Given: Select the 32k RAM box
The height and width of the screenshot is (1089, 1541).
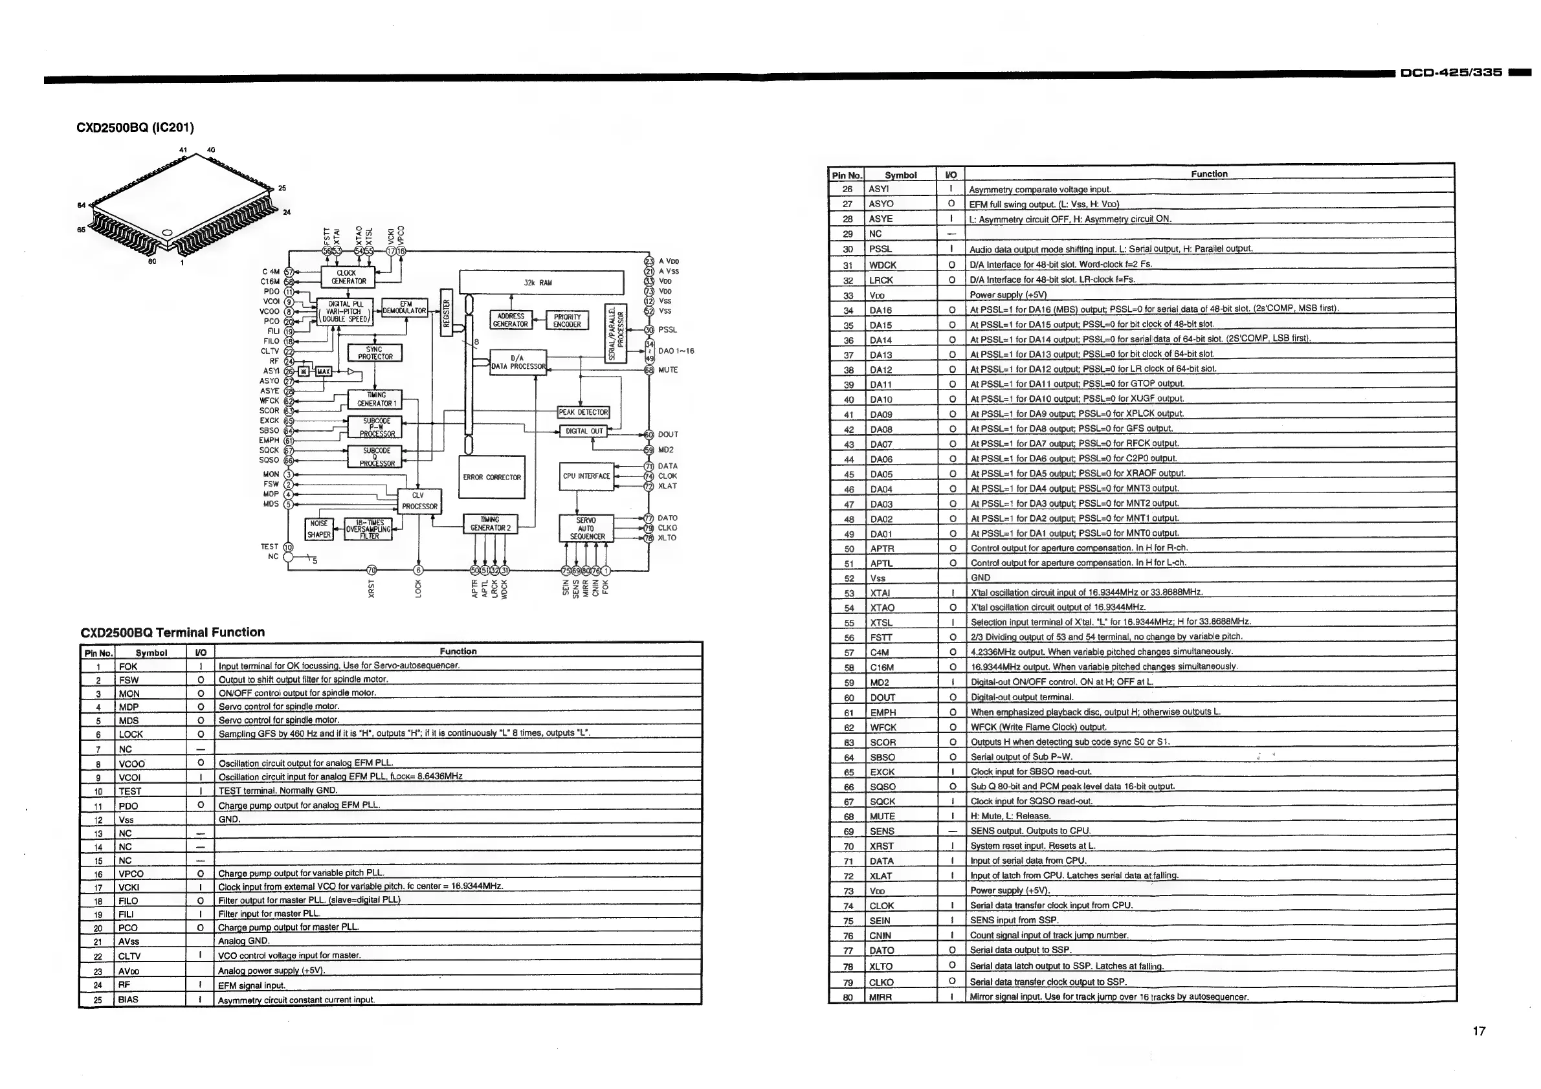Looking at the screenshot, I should pyautogui.click(x=541, y=283).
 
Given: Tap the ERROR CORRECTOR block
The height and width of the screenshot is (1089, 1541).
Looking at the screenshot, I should pyautogui.click(x=491, y=477).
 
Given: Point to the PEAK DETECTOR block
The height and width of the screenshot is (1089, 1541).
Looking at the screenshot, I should pyautogui.click(x=582, y=412).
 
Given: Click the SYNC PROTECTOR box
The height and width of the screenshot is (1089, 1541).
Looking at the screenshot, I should pyautogui.click(x=375, y=353).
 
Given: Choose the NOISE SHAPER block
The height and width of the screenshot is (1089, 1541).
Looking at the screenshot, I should pyautogui.click(x=319, y=529).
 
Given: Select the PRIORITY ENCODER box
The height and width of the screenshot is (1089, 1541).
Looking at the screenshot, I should pyautogui.click(x=567, y=321).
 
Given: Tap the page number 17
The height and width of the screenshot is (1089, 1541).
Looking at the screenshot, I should pyautogui.click(x=1479, y=1031).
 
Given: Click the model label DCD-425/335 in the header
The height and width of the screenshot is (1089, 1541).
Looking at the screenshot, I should pyautogui.click(x=1450, y=72).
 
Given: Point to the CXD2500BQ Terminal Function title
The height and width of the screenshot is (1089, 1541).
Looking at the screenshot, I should pyautogui.click(x=173, y=632).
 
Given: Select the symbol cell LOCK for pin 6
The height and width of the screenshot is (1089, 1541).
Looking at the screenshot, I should pyautogui.click(x=131, y=734).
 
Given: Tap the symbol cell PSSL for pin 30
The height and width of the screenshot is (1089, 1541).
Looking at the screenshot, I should pyautogui.click(x=880, y=249).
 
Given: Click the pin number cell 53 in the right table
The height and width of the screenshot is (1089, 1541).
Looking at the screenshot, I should pyautogui.click(x=848, y=593).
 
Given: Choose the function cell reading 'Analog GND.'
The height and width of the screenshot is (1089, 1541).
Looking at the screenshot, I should pyautogui.click(x=244, y=941).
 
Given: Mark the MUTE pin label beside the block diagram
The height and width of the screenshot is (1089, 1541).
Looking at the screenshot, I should pyautogui.click(x=668, y=369).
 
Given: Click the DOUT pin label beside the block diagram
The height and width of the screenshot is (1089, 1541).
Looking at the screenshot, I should pyautogui.click(x=668, y=435).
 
